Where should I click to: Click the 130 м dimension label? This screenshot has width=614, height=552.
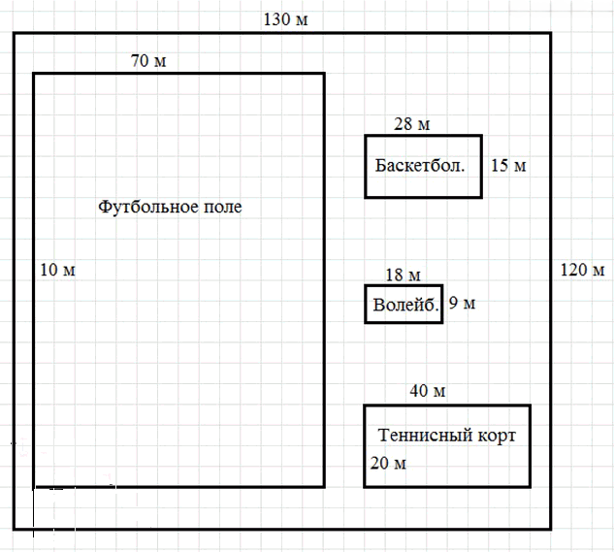285,19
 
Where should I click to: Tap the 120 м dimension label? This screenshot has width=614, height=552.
582,270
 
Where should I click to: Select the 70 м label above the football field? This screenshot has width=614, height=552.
148,61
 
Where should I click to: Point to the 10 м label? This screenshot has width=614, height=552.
57,270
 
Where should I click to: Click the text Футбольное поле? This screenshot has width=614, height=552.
170,206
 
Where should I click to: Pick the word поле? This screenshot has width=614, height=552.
223,208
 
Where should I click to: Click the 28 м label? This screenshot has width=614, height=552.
411,124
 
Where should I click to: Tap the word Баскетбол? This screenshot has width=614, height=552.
420,165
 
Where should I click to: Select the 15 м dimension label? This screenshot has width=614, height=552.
508,165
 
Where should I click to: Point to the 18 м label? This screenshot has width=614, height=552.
403,275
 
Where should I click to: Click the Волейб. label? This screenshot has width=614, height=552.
405,305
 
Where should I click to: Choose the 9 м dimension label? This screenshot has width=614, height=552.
462,303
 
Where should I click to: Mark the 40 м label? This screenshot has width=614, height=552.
427,391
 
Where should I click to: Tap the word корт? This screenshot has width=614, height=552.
497,437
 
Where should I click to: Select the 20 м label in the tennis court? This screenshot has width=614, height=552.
388,463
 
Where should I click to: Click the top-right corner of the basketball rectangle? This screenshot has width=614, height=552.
481,136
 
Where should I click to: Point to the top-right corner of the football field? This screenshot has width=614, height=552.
324,74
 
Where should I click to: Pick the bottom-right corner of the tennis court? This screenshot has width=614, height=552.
530,487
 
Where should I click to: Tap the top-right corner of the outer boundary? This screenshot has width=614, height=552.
551,34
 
